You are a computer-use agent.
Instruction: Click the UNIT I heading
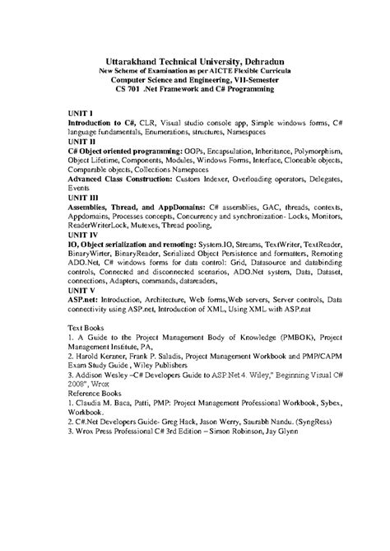pos(81,111)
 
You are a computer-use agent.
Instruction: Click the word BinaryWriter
pos(93,254)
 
